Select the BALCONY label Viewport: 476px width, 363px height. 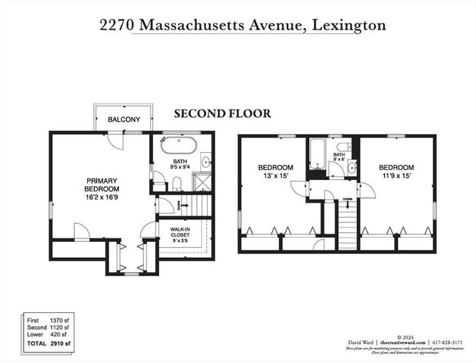click(123, 119)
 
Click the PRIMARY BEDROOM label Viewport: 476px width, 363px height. click(101, 185)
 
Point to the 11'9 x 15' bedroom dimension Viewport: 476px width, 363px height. click(396, 176)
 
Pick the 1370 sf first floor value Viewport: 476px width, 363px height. click(58, 321)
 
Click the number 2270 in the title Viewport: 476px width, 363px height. click(117, 25)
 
